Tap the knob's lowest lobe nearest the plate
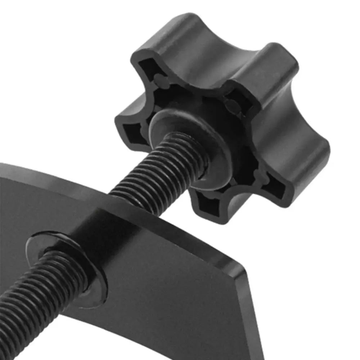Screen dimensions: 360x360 [212, 205]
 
